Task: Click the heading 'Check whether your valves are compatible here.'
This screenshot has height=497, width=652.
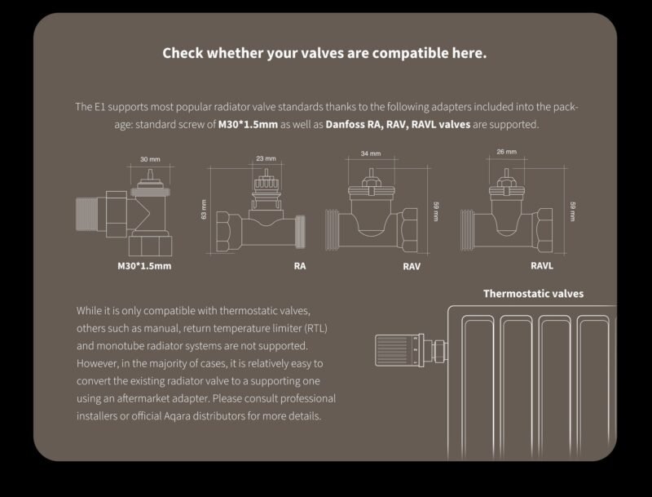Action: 324,53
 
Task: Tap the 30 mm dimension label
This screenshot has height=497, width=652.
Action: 150,159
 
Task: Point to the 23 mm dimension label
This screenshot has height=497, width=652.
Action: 267,158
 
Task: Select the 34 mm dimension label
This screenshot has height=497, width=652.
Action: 371,153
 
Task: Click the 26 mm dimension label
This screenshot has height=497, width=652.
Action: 506,152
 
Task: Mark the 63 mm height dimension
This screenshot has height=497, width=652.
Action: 204,210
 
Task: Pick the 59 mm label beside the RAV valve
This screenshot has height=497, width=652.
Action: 436,211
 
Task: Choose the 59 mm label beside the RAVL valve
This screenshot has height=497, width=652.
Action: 573,211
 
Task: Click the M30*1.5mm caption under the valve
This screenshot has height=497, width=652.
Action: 144,266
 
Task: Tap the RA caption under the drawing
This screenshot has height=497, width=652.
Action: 300,266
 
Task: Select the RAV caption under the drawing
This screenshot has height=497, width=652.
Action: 412,266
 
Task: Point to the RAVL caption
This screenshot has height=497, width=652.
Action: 542,265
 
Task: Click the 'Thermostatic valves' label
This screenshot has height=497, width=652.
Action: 534,294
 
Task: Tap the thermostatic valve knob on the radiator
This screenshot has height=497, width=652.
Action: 397,350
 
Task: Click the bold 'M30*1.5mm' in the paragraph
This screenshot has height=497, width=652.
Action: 248,125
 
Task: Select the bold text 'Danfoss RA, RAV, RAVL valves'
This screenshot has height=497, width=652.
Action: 398,125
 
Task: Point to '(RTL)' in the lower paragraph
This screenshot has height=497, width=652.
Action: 316,328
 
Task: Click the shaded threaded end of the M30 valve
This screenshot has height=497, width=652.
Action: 86,214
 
